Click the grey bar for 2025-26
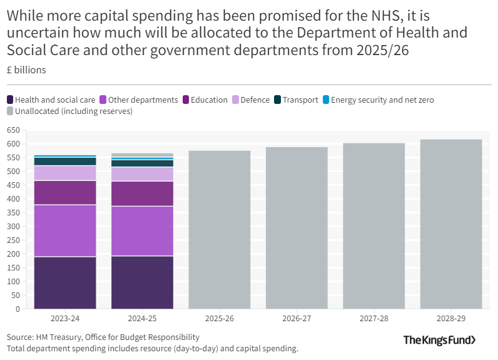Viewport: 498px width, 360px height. click(x=220, y=229)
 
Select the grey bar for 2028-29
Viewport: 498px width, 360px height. click(x=451, y=224)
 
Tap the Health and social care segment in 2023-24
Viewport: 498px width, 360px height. click(x=65, y=282)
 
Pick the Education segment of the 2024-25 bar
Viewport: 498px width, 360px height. click(x=142, y=193)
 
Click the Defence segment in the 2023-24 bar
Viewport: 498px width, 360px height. click(x=65, y=173)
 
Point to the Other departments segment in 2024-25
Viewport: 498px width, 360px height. click(x=142, y=231)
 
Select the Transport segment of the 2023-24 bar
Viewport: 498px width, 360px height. click(x=65, y=161)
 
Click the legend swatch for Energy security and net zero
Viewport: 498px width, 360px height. click(x=325, y=100)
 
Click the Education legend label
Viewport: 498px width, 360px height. click(x=209, y=100)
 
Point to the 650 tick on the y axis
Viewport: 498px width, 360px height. click(x=13, y=130)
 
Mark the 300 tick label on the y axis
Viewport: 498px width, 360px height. click(x=13, y=227)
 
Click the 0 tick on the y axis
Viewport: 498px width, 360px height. click(x=18, y=309)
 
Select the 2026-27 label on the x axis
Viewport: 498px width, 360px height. click(x=297, y=319)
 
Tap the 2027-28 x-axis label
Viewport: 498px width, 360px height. click(x=374, y=319)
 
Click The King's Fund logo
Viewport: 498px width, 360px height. click(x=439, y=340)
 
